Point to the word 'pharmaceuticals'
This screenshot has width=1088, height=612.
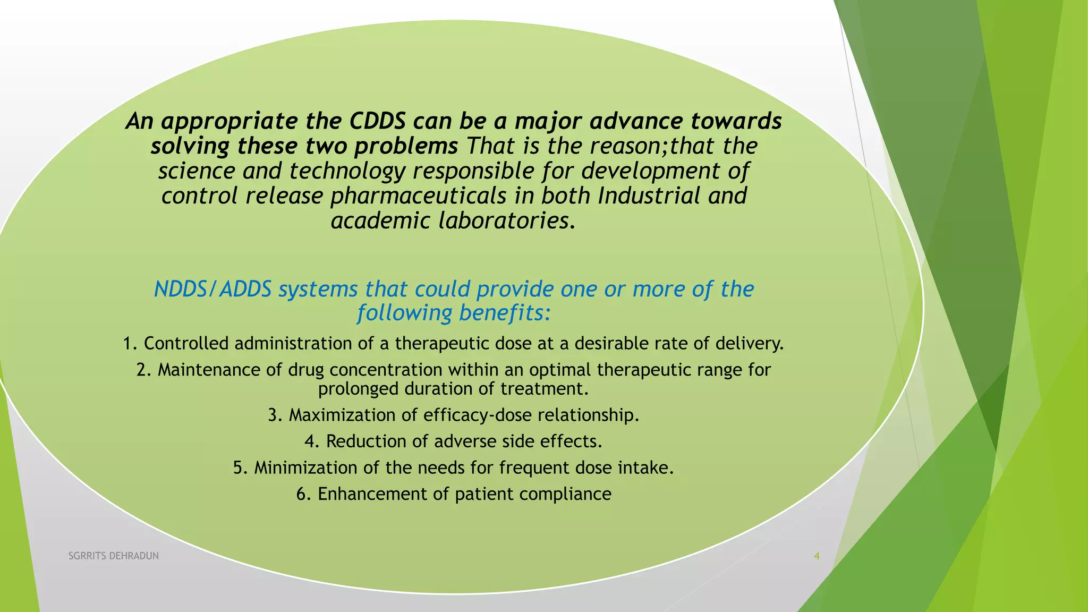click(x=419, y=196)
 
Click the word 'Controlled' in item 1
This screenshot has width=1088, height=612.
click(x=186, y=344)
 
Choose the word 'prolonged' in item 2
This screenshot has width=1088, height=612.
click(x=359, y=389)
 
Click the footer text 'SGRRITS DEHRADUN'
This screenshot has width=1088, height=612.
click(x=114, y=556)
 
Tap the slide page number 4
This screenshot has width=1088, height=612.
click(x=817, y=556)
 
